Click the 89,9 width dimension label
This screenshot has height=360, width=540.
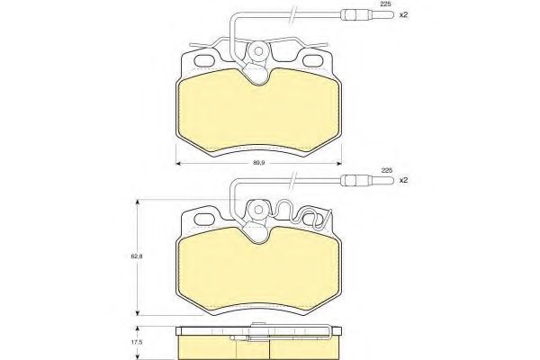pos(258,163)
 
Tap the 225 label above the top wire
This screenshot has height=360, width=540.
pos(386,4)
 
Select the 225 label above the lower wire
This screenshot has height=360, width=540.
pos(387,170)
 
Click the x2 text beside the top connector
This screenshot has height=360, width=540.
pos(403,15)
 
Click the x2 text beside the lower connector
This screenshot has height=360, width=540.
pos(403,180)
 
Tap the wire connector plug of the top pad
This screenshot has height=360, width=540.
pos(366,15)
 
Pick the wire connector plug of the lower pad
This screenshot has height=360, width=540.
pos(366,180)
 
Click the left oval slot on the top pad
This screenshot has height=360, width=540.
pos(205,60)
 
